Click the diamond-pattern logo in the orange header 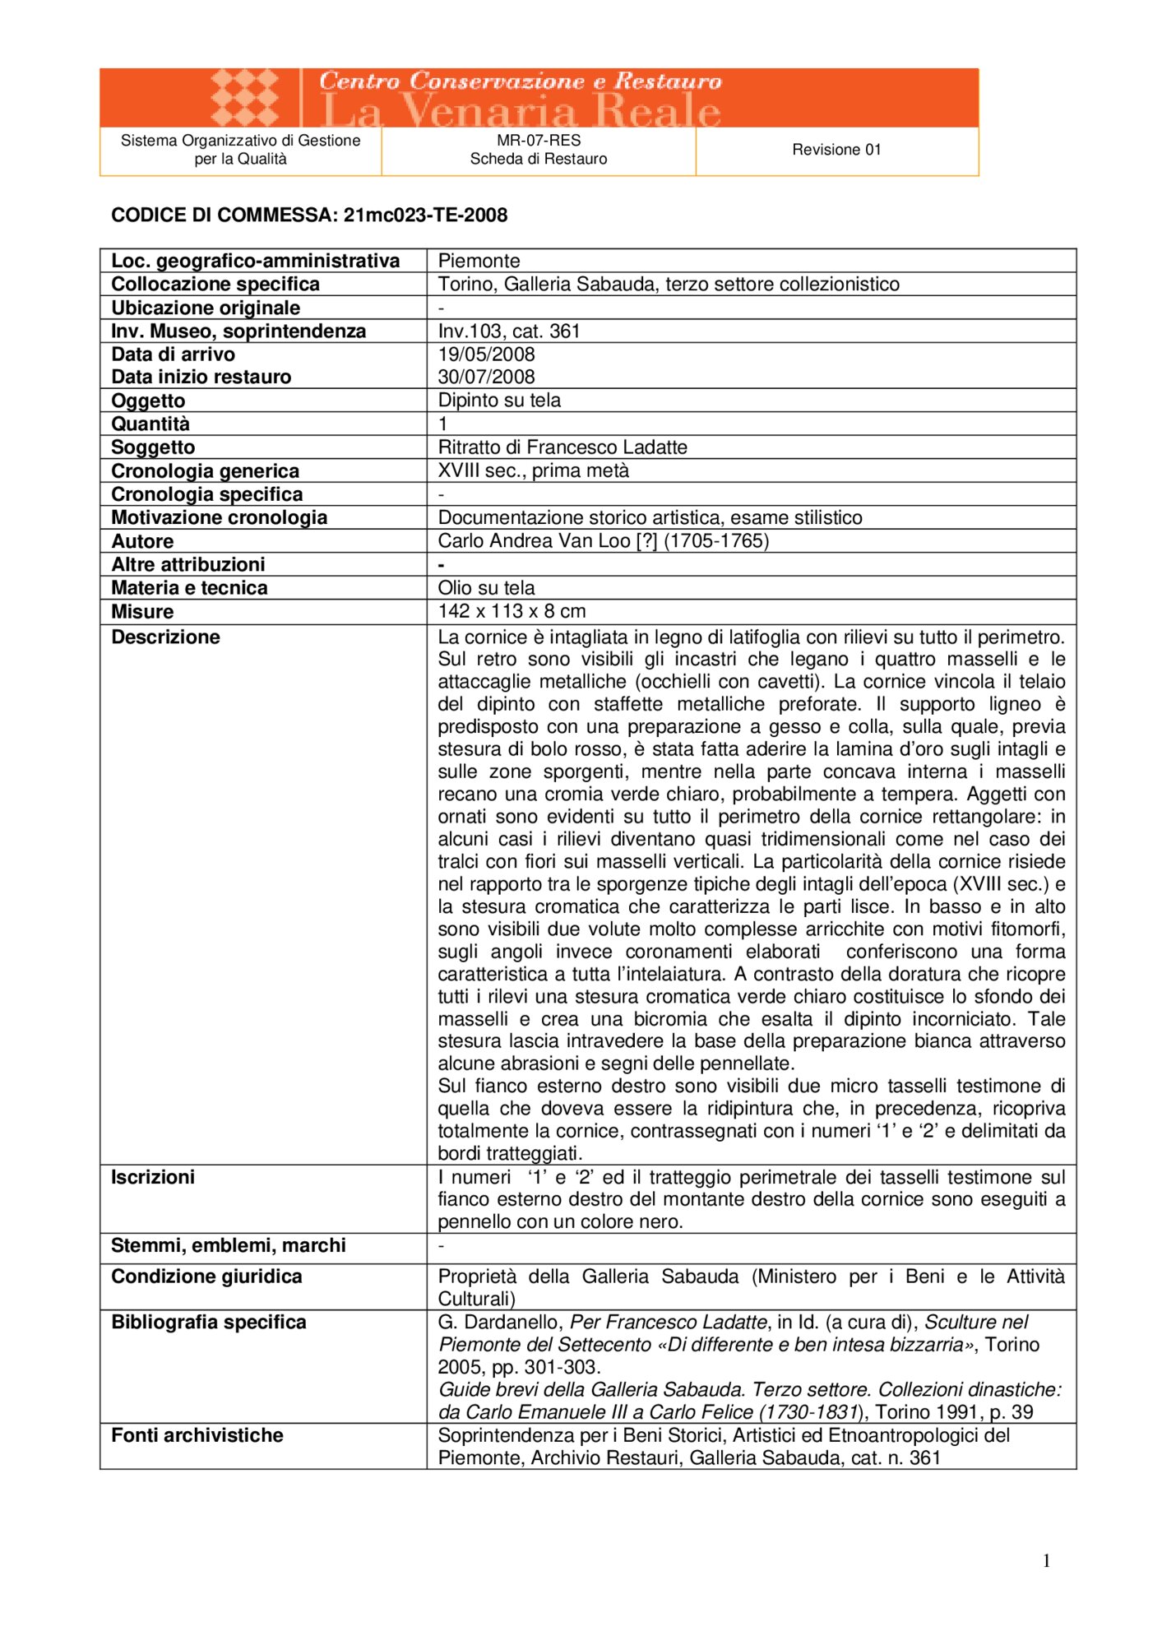(244, 98)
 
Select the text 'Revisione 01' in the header (836, 150)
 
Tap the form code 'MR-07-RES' (539, 141)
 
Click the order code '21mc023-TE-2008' (425, 215)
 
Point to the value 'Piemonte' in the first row (479, 262)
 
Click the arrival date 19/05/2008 (486, 354)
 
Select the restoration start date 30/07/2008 (486, 377)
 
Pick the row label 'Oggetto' (148, 401)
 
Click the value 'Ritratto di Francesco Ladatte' (562, 447)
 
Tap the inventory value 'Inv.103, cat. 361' (509, 331)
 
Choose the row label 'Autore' (142, 541)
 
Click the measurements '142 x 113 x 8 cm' (512, 611)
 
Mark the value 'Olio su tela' (486, 588)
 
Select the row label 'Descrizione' (165, 637)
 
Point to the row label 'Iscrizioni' (153, 1177)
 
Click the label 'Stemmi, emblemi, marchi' (229, 1245)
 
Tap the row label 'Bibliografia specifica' (209, 1322)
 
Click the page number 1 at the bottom (1046, 1560)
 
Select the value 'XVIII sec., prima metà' (533, 470)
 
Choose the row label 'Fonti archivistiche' (197, 1435)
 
